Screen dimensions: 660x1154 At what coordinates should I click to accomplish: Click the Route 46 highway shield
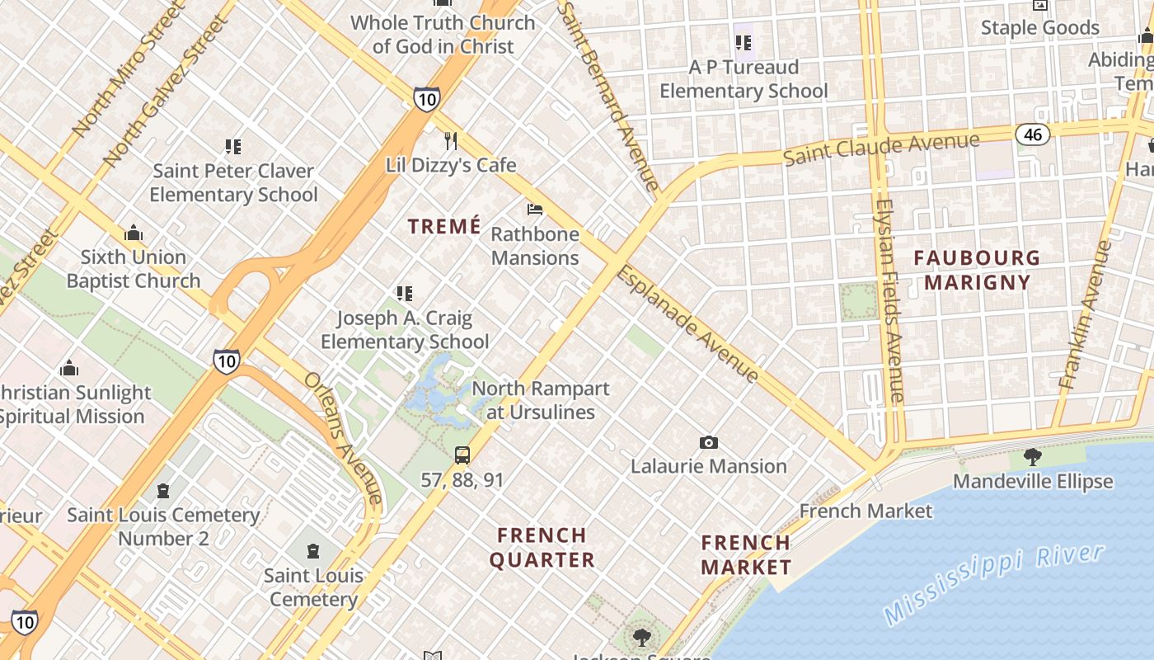pos(1032,134)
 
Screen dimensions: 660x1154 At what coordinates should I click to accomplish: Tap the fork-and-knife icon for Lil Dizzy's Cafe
pos(450,141)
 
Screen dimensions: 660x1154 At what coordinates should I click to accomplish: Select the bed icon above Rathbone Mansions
pos(535,210)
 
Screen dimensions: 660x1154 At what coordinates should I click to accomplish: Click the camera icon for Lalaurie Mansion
pos(708,443)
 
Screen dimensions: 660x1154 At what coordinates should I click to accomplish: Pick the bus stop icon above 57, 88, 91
pos(462,455)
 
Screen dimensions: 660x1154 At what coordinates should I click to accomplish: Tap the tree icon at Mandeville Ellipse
pos(1032,457)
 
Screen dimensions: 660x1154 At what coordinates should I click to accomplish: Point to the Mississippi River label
pos(992,584)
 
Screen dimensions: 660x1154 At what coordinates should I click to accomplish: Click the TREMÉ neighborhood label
pos(444,226)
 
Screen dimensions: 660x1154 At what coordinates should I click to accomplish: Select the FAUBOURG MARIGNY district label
pos(977,270)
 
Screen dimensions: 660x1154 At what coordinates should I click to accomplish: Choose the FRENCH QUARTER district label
pos(542,548)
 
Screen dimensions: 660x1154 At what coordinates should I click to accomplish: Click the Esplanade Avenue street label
pos(687,323)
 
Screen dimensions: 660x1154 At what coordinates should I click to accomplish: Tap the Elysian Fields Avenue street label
pos(889,300)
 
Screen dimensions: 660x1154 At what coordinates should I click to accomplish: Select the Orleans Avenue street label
pos(343,437)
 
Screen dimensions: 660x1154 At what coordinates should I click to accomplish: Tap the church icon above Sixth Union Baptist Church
pos(134,233)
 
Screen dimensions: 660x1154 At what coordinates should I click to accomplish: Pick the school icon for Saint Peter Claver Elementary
pos(233,147)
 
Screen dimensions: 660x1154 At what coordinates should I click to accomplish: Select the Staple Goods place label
pos(1039,28)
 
